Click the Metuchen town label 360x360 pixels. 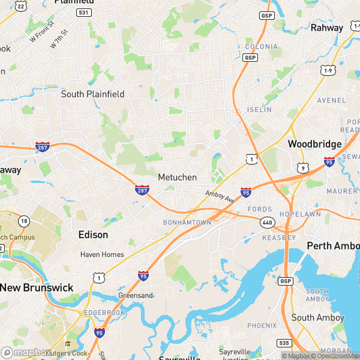pos(178,178)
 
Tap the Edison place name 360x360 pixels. pos(93,235)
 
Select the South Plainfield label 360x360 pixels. pos(93,94)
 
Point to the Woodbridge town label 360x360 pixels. pos(314,144)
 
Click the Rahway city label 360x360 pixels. pos(326,28)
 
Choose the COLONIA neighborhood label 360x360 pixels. pos(261,46)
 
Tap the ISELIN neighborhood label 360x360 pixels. pos(259,110)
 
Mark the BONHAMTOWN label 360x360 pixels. pos(187,222)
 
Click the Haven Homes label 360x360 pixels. pos(102,254)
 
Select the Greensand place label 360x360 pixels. pos(135,295)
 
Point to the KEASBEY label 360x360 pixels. pos(279,238)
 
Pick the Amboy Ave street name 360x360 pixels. pos(218,196)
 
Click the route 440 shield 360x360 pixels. pos(268,223)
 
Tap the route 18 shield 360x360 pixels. pos(24,221)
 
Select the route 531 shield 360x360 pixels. pos(84,13)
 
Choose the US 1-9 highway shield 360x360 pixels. pos(328,71)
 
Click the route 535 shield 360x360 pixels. pos(284,343)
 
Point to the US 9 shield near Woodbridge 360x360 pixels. pos(304,169)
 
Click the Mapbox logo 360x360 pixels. pos(25,353)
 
